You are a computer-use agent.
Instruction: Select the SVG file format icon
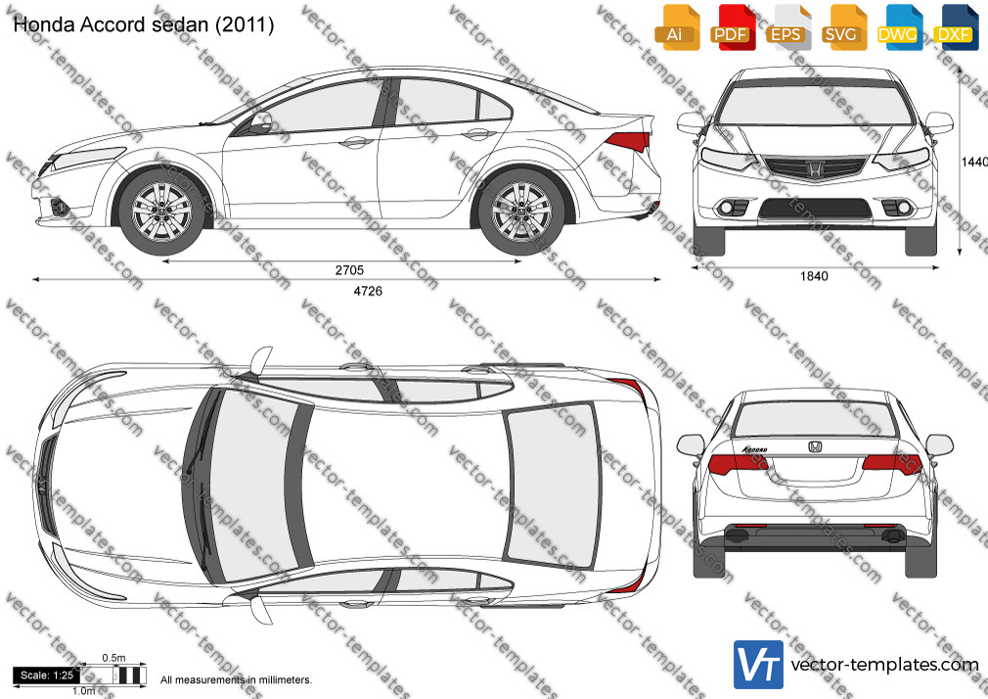tap(842, 27)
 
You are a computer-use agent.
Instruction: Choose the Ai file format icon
tap(676, 27)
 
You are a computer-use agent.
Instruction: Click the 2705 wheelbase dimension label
tap(349, 270)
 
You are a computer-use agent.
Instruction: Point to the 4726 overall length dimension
tap(368, 291)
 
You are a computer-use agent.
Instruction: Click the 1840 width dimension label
tap(814, 276)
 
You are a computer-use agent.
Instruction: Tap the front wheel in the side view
tap(162, 210)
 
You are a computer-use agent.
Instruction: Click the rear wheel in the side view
tap(521, 210)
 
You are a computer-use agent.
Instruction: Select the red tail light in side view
tap(626, 142)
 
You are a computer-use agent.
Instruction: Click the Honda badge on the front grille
tap(814, 168)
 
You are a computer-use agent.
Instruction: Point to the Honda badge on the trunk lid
tap(815, 446)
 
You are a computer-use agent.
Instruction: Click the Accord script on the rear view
tap(755, 449)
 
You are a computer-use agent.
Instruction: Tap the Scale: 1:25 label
tap(47, 676)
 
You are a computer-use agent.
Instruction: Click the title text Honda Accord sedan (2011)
tap(144, 24)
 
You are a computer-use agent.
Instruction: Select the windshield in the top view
tap(248, 484)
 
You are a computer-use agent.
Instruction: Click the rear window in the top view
tap(552, 485)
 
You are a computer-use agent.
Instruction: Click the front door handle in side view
tap(357, 141)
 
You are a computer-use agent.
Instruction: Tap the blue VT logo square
tap(759, 665)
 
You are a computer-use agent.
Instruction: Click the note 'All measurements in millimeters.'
tap(236, 680)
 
